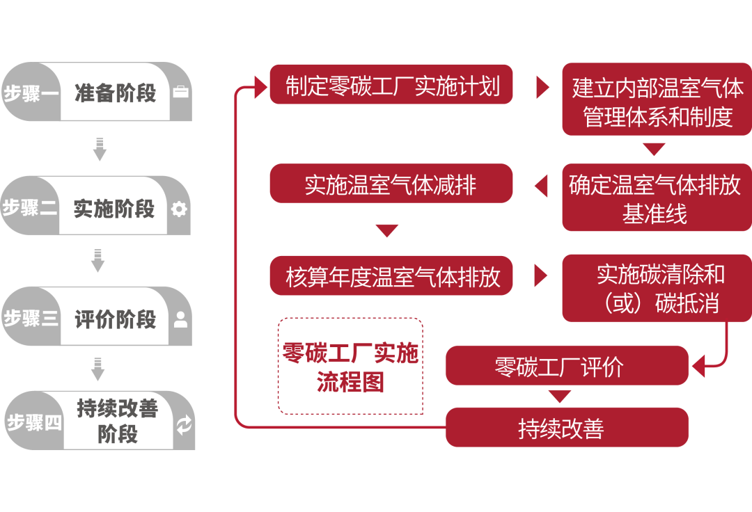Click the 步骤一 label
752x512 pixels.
click(x=31, y=93)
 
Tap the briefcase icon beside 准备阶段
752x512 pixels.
click(x=180, y=93)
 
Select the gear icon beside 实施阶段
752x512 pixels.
click(x=180, y=209)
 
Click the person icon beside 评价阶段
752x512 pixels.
click(x=180, y=320)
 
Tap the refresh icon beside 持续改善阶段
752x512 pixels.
click(x=184, y=425)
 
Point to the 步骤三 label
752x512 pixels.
click(x=31, y=319)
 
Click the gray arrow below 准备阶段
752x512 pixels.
click(x=100, y=149)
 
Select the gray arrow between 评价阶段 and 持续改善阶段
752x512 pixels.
click(x=98, y=369)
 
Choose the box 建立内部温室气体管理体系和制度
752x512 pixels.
click(x=657, y=100)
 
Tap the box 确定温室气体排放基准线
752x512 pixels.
click(x=657, y=198)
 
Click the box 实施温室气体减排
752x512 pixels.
click(x=391, y=184)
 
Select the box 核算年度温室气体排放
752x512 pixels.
click(x=391, y=276)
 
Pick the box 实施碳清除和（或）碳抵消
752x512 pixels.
click(x=657, y=288)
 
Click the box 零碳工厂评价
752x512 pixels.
click(x=566, y=366)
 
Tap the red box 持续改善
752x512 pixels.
click(x=566, y=428)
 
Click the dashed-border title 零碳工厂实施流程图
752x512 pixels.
click(x=350, y=367)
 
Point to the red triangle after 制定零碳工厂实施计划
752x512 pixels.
click(x=542, y=87)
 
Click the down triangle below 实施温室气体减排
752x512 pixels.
click(x=386, y=230)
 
